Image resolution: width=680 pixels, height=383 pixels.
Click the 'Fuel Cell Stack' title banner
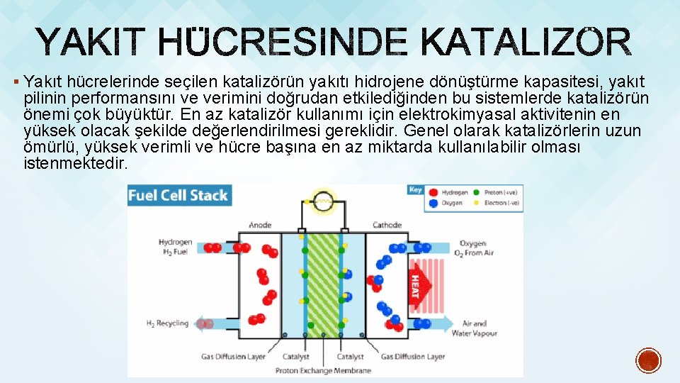[178, 195]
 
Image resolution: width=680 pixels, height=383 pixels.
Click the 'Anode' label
[260, 226]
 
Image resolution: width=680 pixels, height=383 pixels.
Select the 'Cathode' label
[387, 226]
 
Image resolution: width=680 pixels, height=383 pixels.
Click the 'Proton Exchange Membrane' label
[323, 370]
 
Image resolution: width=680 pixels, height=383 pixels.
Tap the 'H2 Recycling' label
[167, 323]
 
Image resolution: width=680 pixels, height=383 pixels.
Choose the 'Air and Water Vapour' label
[474, 328]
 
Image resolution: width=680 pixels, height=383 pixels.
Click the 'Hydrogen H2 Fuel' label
[175, 247]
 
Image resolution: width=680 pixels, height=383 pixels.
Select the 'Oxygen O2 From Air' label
[476, 248]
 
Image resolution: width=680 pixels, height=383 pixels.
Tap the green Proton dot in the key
[477, 191]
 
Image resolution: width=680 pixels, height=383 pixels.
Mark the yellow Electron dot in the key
[477, 203]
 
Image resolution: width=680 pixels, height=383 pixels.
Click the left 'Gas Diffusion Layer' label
[233, 357]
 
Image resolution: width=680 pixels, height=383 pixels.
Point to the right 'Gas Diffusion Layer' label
[413, 357]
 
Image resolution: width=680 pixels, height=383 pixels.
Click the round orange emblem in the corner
[648, 360]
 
